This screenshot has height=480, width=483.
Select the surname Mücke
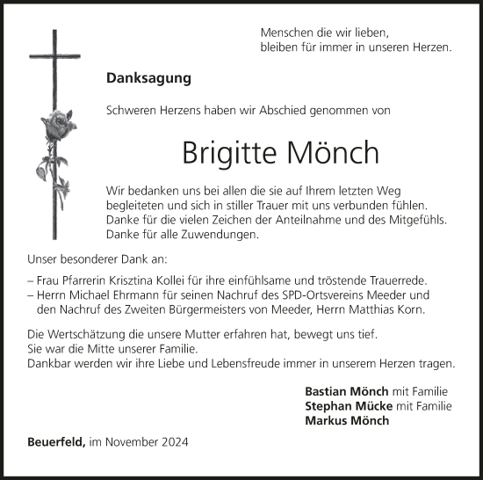(374, 405)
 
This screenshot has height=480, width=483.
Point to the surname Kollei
(180, 278)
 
